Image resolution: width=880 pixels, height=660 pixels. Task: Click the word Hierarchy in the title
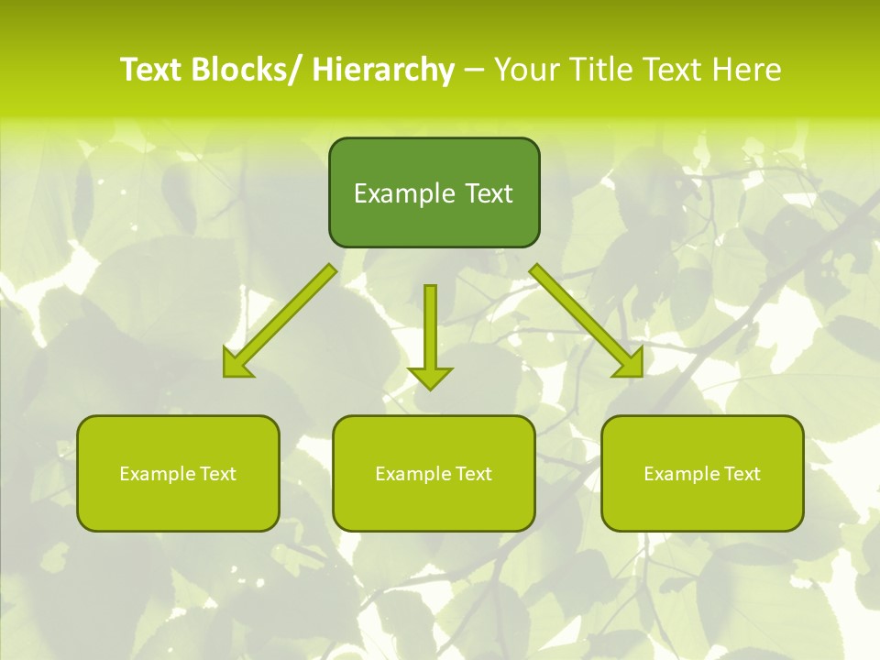tap(383, 70)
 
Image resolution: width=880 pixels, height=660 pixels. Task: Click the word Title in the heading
tap(600, 70)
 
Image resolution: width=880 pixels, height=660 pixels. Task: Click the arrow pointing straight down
tap(430, 335)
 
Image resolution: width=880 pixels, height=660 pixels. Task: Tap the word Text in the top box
tap(487, 193)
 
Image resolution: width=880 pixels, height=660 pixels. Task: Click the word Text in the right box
tap(741, 474)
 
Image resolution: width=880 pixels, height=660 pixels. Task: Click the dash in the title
tap(474, 71)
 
